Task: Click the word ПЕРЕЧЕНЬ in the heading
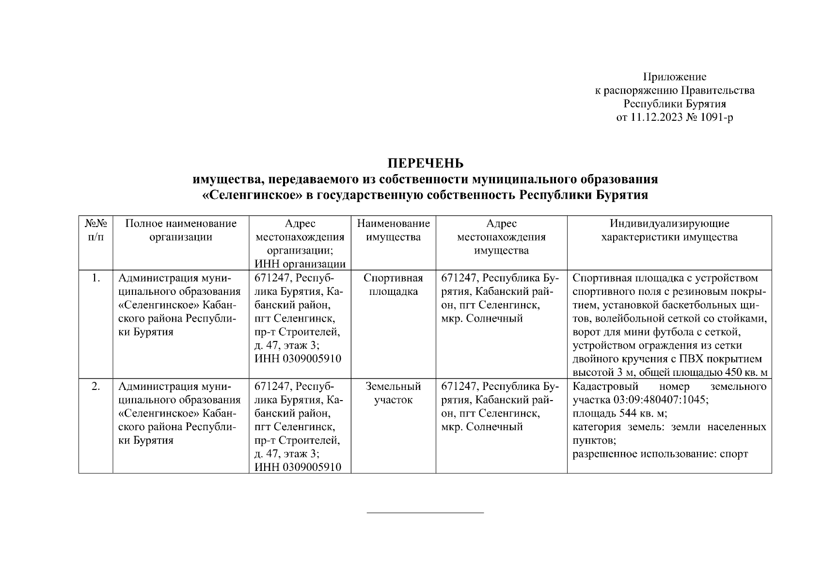pyautogui.click(x=425, y=163)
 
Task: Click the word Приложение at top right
pyautogui.click(x=674, y=77)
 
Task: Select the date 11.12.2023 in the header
pyautogui.click(x=656, y=117)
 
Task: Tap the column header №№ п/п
pyautogui.click(x=95, y=230)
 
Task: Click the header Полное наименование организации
pyautogui.click(x=181, y=230)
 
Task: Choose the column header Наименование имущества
pyautogui.click(x=393, y=230)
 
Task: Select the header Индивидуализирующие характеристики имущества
pyautogui.click(x=669, y=230)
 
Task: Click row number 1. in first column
pyautogui.click(x=95, y=278)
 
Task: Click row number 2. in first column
pyautogui.click(x=95, y=387)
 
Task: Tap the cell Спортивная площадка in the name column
pyautogui.click(x=393, y=285)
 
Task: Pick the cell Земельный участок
pyautogui.click(x=393, y=393)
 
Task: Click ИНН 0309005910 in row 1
pyautogui.click(x=298, y=359)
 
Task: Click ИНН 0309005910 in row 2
pyautogui.click(x=298, y=467)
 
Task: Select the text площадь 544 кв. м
pyautogui.click(x=619, y=414)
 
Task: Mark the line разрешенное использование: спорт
pyautogui.click(x=660, y=454)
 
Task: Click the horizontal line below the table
pyautogui.click(x=425, y=512)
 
